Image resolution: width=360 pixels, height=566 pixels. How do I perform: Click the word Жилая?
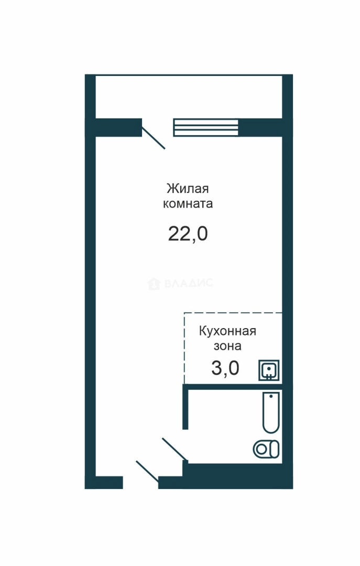(x=188, y=189)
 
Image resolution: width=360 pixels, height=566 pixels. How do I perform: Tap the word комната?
(x=188, y=203)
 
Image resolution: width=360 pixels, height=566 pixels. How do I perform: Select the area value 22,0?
(x=188, y=234)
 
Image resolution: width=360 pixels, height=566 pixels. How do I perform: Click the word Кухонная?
(x=227, y=331)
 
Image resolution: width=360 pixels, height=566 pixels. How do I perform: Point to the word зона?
(x=227, y=346)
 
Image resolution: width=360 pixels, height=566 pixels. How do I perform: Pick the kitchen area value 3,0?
(x=225, y=368)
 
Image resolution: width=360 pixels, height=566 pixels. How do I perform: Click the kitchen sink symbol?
(x=269, y=370)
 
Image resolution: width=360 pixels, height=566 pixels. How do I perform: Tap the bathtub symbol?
(x=271, y=412)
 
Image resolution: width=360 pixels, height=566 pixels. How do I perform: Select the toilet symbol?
(x=266, y=450)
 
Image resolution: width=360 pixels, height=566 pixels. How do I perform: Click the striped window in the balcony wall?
(x=206, y=128)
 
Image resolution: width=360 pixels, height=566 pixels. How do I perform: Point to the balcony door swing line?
(x=154, y=137)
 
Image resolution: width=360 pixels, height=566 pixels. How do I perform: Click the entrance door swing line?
(x=147, y=472)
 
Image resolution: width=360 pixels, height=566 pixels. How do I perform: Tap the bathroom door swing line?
(x=175, y=450)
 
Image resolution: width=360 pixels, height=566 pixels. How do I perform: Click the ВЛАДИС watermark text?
(x=189, y=283)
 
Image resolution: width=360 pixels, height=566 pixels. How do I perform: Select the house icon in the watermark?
(x=154, y=284)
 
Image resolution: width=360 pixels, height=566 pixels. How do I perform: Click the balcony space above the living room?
(x=189, y=97)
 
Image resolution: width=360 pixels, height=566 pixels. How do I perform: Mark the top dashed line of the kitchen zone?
(x=233, y=313)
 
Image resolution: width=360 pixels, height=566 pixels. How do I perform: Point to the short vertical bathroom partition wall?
(x=186, y=407)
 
